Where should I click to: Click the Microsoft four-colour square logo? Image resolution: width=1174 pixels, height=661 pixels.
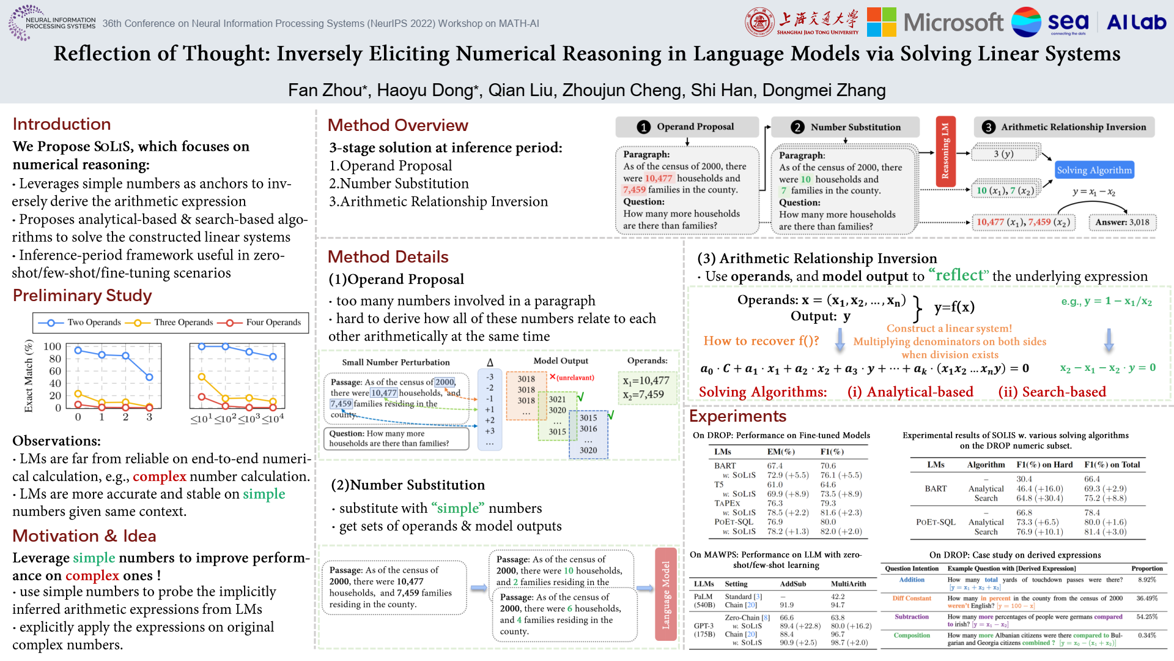[881, 23]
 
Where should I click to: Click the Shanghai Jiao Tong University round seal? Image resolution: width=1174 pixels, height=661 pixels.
[759, 23]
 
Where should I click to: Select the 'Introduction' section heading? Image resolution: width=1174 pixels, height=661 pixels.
[62, 124]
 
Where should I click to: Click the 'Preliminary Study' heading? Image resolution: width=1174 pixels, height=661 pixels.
[83, 296]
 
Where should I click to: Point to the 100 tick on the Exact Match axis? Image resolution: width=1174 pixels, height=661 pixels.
[53, 346]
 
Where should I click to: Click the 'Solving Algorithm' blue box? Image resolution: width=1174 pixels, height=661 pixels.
[1094, 170]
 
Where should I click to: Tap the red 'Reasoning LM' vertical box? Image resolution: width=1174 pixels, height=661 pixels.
[945, 151]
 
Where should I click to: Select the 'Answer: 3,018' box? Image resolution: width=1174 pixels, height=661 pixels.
[1122, 222]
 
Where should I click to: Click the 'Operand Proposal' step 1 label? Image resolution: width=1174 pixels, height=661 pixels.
[695, 127]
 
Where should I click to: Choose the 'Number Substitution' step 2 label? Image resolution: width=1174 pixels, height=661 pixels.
[855, 127]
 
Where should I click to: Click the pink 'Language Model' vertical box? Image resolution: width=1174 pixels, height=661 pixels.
[666, 594]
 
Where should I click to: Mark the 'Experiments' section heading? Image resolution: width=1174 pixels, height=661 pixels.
[737, 416]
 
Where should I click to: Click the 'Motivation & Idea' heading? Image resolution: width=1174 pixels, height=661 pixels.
[84, 536]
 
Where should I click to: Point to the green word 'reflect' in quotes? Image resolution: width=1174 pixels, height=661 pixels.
[958, 275]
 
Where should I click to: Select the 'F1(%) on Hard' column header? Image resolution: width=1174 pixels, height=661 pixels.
[1044, 465]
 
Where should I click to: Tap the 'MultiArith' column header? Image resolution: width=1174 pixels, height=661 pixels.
[848, 584]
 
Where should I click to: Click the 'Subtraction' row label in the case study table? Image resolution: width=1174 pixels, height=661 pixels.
[911, 617]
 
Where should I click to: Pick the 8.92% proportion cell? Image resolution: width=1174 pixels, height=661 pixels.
[1147, 580]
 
